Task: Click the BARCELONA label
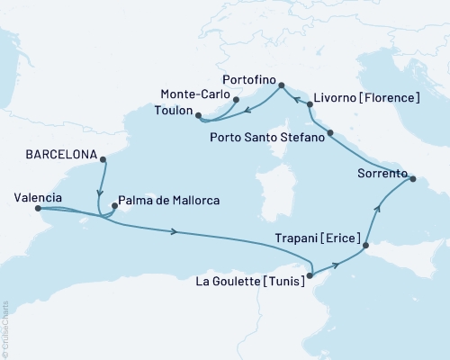pos(54,154)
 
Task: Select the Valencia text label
pos(39,197)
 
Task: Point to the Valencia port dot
pos(38,209)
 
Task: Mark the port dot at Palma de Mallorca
pos(112,206)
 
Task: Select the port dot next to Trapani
pos(365,245)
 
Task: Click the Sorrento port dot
pos(413,179)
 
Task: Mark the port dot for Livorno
pos(310,104)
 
